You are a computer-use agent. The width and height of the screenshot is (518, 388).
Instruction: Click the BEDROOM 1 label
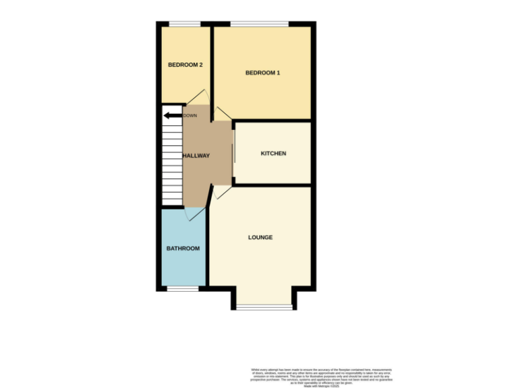(262, 73)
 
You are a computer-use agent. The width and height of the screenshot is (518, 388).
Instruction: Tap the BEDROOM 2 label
(185, 65)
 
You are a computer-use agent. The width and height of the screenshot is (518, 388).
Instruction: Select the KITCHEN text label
(273, 154)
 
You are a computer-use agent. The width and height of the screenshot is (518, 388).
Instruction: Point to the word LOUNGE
(260, 237)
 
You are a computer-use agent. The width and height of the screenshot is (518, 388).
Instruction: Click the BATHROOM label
(183, 249)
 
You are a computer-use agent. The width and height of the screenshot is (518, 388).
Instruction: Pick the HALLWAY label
(196, 156)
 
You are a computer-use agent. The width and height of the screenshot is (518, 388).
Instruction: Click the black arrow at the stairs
(172, 115)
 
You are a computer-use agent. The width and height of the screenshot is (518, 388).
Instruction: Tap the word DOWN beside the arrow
(190, 115)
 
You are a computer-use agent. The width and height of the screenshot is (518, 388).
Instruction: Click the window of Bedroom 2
(185, 24)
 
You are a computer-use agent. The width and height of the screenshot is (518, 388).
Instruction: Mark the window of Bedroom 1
(260, 24)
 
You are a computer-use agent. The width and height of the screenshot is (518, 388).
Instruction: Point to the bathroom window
(183, 290)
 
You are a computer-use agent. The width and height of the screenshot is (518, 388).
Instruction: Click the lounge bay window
(264, 307)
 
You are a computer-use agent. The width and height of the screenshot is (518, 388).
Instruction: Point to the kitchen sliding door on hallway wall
(233, 153)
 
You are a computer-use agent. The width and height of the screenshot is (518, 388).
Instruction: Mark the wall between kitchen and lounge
(272, 185)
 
